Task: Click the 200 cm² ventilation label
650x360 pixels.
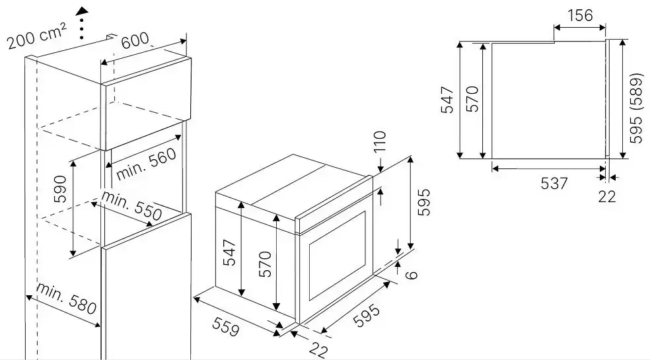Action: pyautogui.click(x=37, y=36)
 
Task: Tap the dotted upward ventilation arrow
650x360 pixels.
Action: pyautogui.click(x=83, y=23)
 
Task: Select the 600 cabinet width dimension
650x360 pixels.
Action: pyautogui.click(x=135, y=40)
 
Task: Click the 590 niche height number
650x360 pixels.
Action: pyautogui.click(x=60, y=189)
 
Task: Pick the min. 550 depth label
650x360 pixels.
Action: pyautogui.click(x=132, y=206)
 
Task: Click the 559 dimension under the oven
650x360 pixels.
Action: pyautogui.click(x=226, y=326)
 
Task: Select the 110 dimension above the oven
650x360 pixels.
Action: pyautogui.click(x=380, y=141)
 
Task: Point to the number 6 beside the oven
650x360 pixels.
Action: pyautogui.click(x=412, y=274)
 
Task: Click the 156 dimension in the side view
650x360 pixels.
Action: pyautogui.click(x=580, y=15)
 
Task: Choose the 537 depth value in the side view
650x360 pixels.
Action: pyautogui.click(x=554, y=183)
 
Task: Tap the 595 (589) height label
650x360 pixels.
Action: pyautogui.click(x=636, y=108)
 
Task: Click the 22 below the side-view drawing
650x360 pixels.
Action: pyautogui.click(x=607, y=196)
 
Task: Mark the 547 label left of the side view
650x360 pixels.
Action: pyautogui.click(x=447, y=100)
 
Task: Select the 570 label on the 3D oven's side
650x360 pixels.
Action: pyautogui.click(x=264, y=264)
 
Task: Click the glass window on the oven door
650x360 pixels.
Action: pyautogui.click(x=337, y=255)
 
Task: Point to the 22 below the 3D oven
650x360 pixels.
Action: pyautogui.click(x=318, y=350)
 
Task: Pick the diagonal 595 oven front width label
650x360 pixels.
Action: pyautogui.click(x=367, y=316)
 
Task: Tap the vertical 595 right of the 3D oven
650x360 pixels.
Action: pyautogui.click(x=423, y=202)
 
